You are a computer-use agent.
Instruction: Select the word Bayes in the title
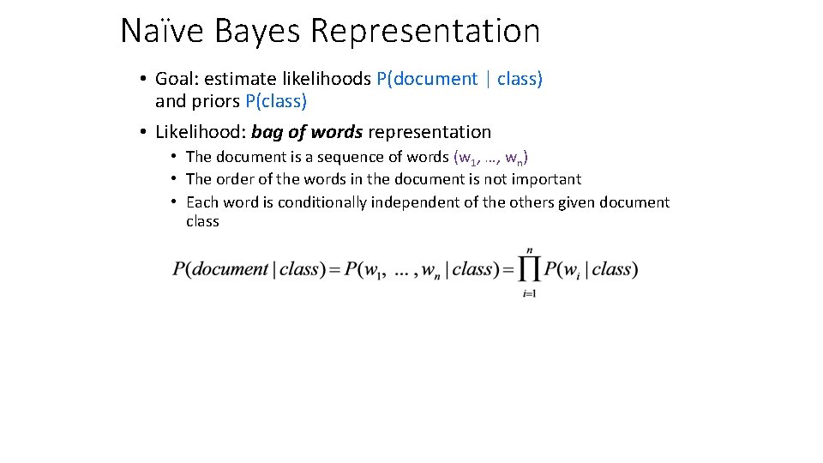(257, 31)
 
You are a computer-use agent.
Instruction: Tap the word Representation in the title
(425, 31)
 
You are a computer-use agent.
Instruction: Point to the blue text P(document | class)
(460, 79)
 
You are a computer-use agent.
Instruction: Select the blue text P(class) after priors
(276, 101)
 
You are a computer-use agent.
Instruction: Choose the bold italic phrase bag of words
(307, 132)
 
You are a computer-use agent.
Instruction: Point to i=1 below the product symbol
(529, 294)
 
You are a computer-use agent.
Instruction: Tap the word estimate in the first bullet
(235, 79)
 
